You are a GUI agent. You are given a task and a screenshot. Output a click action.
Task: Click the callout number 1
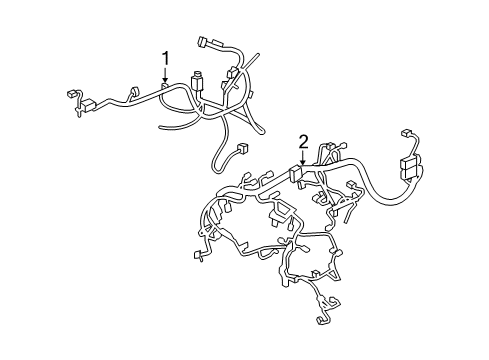(165, 57)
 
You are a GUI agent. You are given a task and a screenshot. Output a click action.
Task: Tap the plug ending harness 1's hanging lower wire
(241, 150)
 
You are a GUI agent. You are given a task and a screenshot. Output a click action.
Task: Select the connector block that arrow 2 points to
(299, 172)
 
